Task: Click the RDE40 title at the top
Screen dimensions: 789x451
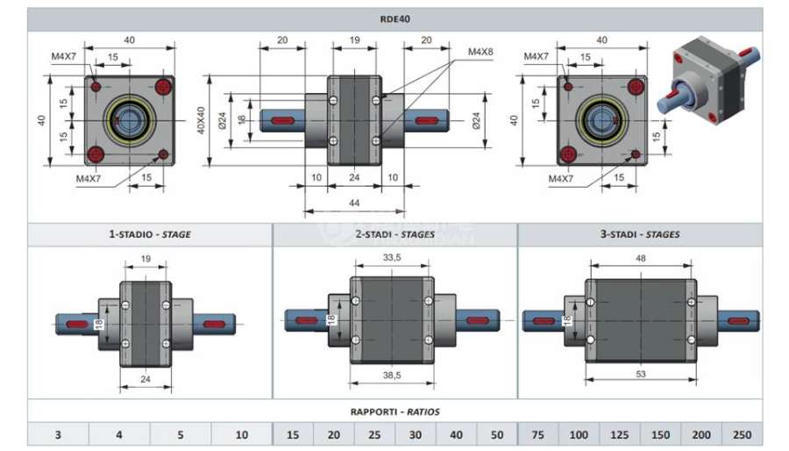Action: click(395, 19)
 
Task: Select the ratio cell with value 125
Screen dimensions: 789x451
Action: click(620, 434)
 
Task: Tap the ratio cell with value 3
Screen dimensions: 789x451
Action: click(59, 434)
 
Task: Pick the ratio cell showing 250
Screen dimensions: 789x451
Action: click(743, 434)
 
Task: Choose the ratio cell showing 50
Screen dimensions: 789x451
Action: click(497, 434)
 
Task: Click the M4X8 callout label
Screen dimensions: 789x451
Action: click(480, 52)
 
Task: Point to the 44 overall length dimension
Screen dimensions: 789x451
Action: click(354, 203)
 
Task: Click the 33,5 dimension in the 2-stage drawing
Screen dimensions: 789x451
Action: click(392, 258)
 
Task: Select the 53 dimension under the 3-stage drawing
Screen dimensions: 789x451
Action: click(641, 374)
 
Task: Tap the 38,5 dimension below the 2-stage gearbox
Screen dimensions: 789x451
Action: click(392, 375)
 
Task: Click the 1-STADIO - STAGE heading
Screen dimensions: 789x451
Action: click(150, 234)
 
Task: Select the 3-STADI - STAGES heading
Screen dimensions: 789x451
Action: click(640, 234)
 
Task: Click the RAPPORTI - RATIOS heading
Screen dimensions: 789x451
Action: click(395, 412)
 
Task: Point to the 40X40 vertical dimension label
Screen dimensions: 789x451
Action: click(201, 120)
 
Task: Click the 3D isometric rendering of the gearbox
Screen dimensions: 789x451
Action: click(709, 81)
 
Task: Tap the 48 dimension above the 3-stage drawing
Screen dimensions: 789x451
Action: click(641, 258)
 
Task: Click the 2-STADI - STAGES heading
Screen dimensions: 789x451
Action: click(395, 234)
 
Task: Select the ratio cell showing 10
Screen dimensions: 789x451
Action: click(242, 434)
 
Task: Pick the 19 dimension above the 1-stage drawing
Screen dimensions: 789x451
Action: click(146, 259)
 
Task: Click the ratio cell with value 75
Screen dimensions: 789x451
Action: click(538, 434)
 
